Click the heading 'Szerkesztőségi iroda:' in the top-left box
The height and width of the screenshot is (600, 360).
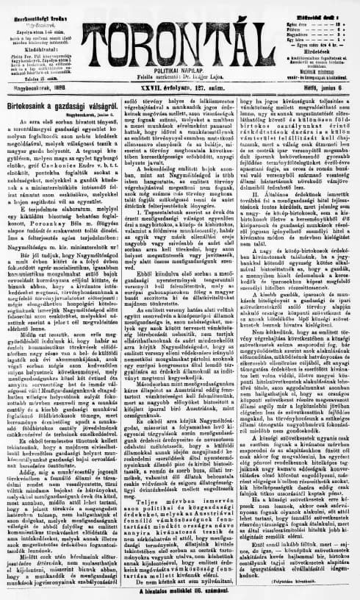tap(40, 8)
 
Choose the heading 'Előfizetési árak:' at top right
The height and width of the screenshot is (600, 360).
tap(319, 8)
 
